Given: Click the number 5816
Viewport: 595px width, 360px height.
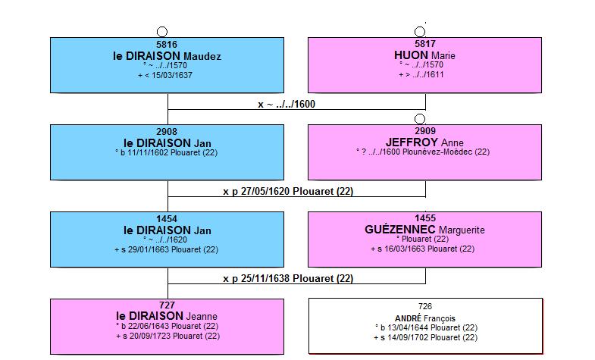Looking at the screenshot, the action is point(167,45).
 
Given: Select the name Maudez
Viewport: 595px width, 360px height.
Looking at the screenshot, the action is point(202,57).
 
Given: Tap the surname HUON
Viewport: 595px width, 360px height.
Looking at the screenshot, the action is point(411,55).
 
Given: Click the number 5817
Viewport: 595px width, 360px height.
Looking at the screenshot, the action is point(425,44).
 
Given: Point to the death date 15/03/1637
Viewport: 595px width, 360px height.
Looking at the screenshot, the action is point(172,75).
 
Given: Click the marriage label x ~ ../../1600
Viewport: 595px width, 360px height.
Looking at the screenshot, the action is point(287,105).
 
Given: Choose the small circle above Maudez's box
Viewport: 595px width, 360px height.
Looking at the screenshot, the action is point(162,32).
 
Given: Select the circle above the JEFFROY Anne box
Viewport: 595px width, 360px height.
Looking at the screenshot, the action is point(420,119).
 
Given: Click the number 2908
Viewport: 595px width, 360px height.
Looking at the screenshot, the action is point(167,132).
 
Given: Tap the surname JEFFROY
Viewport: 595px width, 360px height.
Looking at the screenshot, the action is point(412,142).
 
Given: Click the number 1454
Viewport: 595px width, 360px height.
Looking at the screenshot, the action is point(167,219).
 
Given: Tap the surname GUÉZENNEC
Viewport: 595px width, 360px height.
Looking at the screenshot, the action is point(400,230).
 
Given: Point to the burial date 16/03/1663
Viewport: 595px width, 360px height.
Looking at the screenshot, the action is point(405,249).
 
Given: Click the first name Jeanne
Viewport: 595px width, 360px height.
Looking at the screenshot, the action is point(202,316).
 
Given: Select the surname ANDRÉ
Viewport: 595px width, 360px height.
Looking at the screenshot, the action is point(408,318).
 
